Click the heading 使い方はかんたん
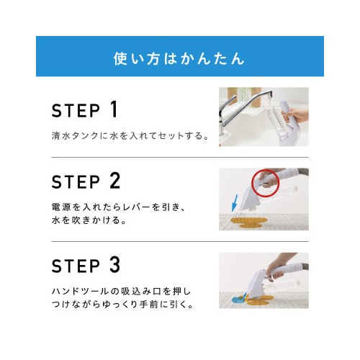(x=179, y=59)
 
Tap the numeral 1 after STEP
(x=114, y=109)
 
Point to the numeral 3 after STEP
(x=115, y=265)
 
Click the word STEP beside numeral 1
(x=76, y=111)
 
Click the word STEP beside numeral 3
(x=76, y=266)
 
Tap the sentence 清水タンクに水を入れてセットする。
(x=130, y=136)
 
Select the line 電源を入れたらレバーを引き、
(x=119, y=207)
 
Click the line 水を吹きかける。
(x=89, y=220)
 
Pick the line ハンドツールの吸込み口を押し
(x=122, y=292)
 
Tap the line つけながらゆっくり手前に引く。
(x=122, y=305)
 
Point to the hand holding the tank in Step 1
(x=296, y=116)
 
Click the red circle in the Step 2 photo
(x=252, y=183)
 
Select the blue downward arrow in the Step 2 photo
(x=235, y=203)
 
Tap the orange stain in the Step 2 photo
(x=249, y=222)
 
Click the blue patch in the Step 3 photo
(x=238, y=299)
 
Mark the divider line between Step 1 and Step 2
(x=180, y=158)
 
